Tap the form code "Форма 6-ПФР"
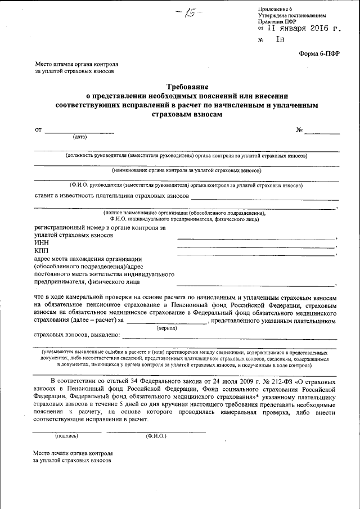tap(318, 53)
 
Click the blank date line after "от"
tap(79, 131)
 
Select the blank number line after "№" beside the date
tap(322, 131)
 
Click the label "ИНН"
tap(41, 242)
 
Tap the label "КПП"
tap(42, 250)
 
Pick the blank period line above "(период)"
tap(166, 321)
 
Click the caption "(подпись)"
tap(66, 436)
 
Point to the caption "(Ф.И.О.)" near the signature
tap(155, 436)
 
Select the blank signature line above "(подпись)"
tap(66, 431)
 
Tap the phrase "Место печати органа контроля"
tap(73, 452)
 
